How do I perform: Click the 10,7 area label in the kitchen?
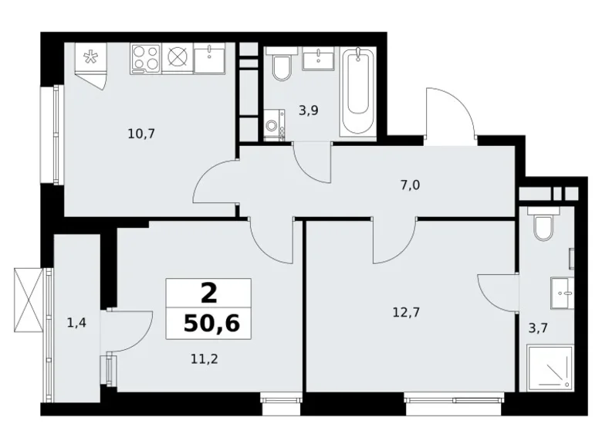click(x=142, y=133)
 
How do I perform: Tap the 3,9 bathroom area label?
click(x=309, y=110)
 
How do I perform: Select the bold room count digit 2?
click(x=208, y=294)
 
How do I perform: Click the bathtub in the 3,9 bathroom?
click(x=358, y=93)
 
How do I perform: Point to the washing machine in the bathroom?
click(x=274, y=126)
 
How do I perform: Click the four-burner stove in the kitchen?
click(x=146, y=57)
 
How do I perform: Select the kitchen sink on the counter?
click(x=209, y=57)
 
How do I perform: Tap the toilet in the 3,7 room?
click(x=543, y=225)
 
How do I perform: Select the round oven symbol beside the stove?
click(x=178, y=57)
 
